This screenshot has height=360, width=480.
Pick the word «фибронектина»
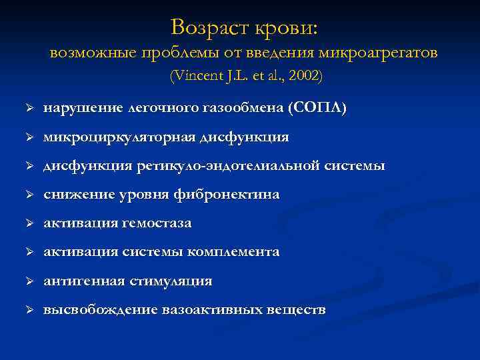[233, 195]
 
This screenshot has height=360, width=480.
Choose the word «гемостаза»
[156, 223]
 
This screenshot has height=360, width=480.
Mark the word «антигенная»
[83, 281]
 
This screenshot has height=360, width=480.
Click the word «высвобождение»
[100, 310]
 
